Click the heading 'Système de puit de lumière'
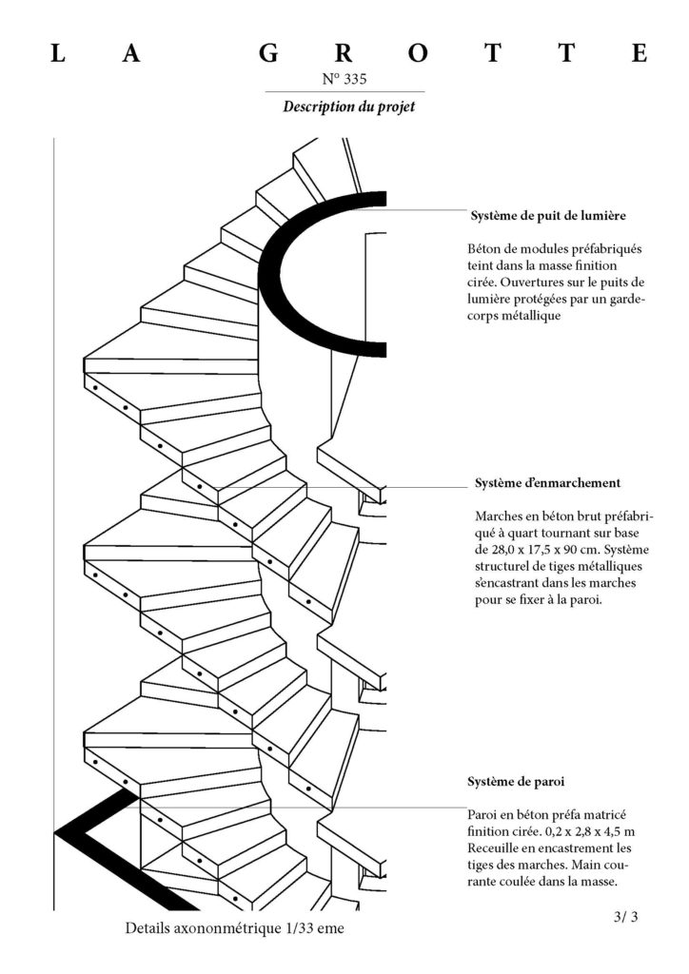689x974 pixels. [x=547, y=215]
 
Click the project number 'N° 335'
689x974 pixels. [x=345, y=79]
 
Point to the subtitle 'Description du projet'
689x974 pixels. [x=348, y=107]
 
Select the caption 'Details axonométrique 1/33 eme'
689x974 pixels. [x=233, y=927]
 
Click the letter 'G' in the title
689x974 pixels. [x=269, y=54]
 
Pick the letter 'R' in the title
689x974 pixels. [x=344, y=54]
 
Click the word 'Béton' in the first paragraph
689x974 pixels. [x=486, y=249]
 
